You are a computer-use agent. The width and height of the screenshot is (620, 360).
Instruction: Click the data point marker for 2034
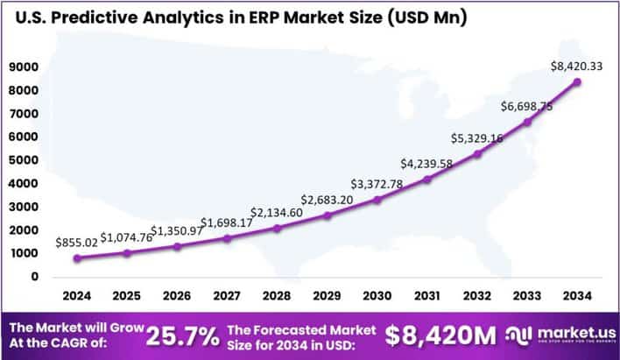[x=577, y=81]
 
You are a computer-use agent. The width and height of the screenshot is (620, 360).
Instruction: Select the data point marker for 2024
[x=78, y=258]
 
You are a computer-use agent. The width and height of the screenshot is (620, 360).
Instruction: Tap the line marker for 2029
[x=328, y=215]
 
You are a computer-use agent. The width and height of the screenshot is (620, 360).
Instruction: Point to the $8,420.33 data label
[x=574, y=66]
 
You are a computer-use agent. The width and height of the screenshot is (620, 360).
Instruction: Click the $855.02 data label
[x=77, y=242]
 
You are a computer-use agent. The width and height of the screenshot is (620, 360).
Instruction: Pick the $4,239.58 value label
[x=427, y=163]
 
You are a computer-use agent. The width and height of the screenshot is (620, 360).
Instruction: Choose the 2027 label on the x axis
[x=228, y=296]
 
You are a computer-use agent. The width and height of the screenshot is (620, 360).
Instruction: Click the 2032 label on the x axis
[x=477, y=296]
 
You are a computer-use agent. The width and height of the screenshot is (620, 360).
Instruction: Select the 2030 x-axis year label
[x=377, y=296]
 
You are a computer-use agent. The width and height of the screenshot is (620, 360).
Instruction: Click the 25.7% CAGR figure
[x=182, y=335]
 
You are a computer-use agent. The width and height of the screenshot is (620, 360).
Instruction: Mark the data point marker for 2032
[x=477, y=154]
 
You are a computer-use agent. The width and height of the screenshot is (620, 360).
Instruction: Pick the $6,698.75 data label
[x=525, y=106]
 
